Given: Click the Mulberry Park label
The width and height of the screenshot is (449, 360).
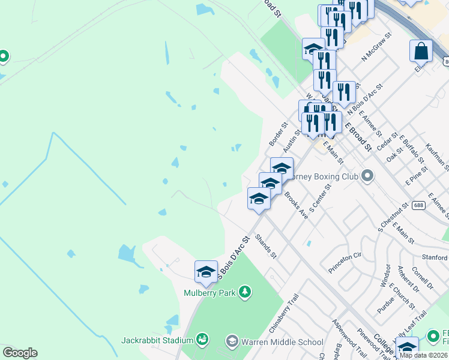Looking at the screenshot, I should point(209,292).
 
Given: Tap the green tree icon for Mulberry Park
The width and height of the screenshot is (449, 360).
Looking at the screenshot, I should point(244,292).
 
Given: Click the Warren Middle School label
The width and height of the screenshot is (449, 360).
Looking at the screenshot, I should point(282,342).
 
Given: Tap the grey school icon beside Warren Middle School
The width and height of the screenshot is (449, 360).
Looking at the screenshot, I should point(232,342).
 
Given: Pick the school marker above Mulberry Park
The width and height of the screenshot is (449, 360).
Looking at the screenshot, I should point(206,272).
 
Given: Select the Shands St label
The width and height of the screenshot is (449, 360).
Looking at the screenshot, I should point(265,247).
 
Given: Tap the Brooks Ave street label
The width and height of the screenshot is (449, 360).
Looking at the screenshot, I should point(296,205).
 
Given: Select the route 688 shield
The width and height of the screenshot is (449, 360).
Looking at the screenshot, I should point(418,205).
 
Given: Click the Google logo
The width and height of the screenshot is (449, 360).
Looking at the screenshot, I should point(20,353).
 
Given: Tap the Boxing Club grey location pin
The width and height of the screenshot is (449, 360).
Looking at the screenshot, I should point(367,176).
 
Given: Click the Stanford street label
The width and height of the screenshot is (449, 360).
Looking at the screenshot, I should point(435,257).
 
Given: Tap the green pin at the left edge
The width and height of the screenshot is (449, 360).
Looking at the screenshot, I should point(3,56).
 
